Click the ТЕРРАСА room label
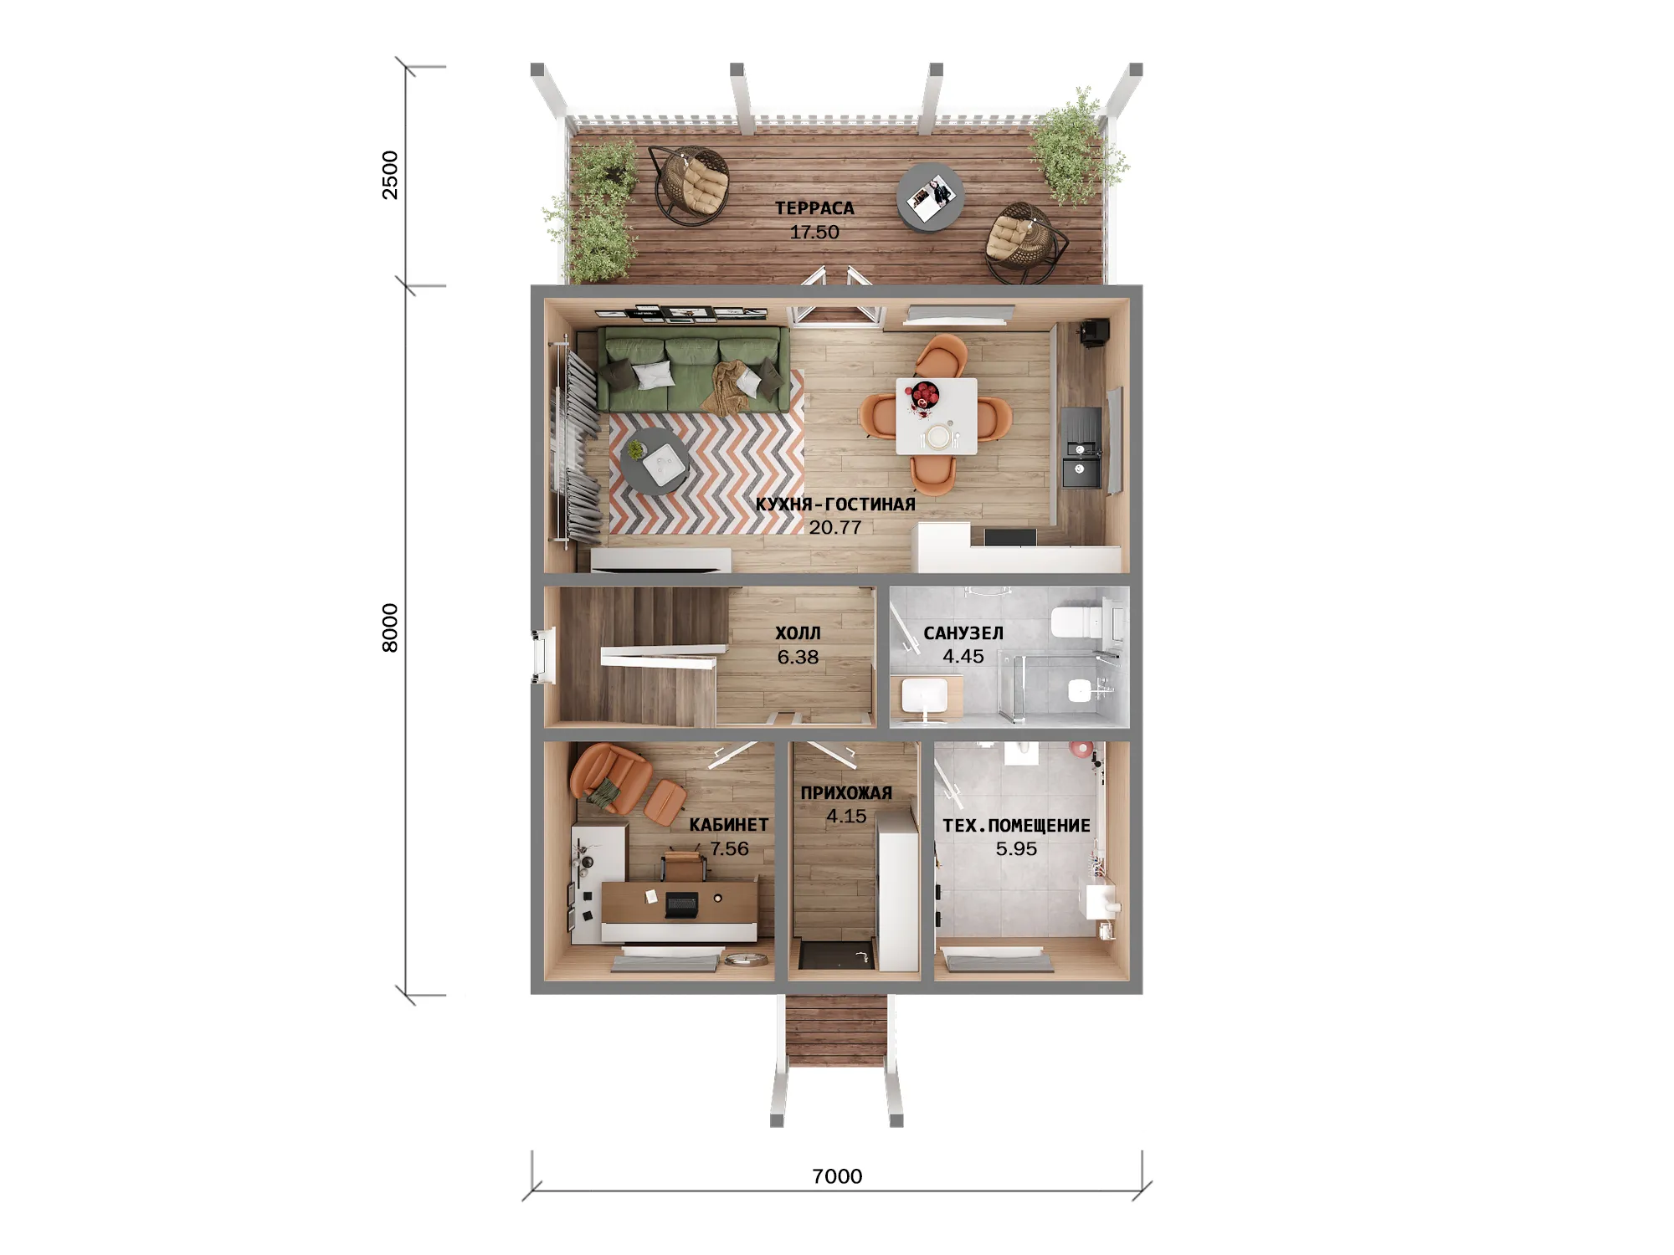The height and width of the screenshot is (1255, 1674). click(x=814, y=208)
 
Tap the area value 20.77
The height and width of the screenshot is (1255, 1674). click(x=834, y=528)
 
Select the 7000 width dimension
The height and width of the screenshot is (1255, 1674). click(x=837, y=1176)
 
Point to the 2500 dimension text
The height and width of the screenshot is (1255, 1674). click(x=390, y=175)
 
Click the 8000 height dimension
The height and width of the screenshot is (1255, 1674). click(x=390, y=627)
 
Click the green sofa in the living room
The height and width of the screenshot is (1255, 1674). click(x=693, y=369)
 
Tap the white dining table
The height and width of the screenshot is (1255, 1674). click(x=936, y=417)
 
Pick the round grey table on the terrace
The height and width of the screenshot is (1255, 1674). click(x=930, y=197)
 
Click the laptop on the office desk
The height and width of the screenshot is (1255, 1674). click(x=680, y=904)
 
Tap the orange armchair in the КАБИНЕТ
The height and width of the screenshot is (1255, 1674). click(x=609, y=777)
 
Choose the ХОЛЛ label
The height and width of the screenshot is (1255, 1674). click(x=798, y=633)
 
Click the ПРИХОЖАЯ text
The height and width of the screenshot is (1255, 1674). click(x=846, y=793)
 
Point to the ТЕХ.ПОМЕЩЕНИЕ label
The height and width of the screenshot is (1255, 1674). click(x=1016, y=826)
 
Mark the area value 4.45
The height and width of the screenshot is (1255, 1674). click(x=963, y=657)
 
